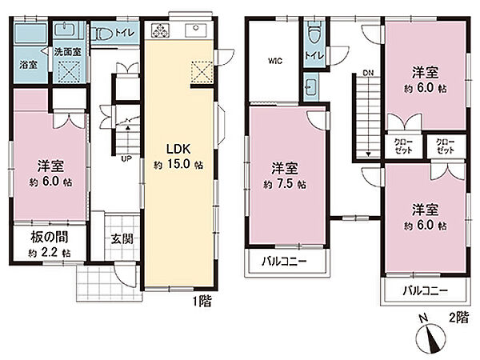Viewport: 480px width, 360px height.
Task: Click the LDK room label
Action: click(x=178, y=149)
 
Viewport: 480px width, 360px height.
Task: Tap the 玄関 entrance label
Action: click(x=122, y=238)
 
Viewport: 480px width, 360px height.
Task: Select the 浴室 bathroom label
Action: click(x=29, y=65)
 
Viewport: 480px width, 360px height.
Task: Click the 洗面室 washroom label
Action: click(x=68, y=52)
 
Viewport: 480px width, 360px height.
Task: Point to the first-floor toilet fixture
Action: click(x=103, y=33)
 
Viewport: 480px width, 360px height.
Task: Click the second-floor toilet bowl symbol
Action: click(x=314, y=33)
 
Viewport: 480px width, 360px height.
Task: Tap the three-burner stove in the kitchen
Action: click(x=160, y=30)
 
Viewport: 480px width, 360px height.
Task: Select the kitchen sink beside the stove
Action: click(x=196, y=30)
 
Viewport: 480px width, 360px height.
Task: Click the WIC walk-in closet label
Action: click(x=275, y=61)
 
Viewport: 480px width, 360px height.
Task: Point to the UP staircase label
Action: click(x=126, y=159)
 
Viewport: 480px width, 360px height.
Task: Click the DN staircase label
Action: click(x=368, y=73)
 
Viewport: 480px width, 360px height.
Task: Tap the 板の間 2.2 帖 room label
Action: click(x=50, y=244)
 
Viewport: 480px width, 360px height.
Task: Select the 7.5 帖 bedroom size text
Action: click(x=285, y=185)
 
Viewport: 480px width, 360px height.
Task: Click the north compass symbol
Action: click(x=432, y=335)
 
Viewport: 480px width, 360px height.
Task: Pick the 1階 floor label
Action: click(x=202, y=302)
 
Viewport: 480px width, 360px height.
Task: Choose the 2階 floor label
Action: click(x=458, y=318)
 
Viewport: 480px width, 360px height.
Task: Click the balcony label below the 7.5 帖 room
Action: click(x=284, y=262)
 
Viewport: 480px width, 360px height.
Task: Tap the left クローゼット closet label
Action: click(x=403, y=146)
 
